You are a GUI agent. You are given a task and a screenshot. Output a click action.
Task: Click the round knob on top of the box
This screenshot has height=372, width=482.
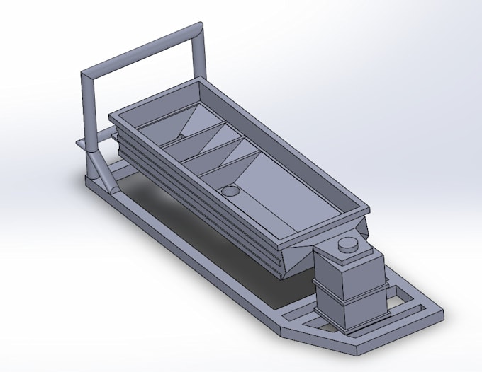click(348, 244)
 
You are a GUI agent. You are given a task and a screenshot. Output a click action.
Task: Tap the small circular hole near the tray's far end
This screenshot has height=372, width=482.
click(181, 135)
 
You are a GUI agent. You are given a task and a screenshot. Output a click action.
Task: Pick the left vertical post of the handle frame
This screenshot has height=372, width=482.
click(88, 120)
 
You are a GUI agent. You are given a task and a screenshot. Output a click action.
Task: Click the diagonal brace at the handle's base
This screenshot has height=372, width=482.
click(104, 173)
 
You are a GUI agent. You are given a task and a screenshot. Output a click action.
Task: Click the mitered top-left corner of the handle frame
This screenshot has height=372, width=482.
click(87, 75)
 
